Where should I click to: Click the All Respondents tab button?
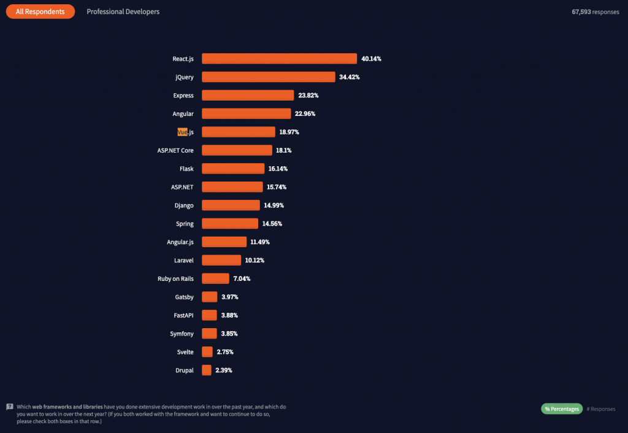click(x=40, y=12)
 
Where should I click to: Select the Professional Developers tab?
click(x=123, y=12)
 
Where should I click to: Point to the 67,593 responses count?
click(x=595, y=12)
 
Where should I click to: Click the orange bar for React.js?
click(x=279, y=59)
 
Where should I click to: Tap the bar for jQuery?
click(x=269, y=77)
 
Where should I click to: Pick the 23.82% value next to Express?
click(x=308, y=96)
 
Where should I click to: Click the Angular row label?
click(x=183, y=114)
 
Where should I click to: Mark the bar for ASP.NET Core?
click(x=237, y=150)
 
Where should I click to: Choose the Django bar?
click(x=231, y=205)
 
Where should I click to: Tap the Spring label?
click(x=184, y=224)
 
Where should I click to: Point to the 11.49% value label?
click(x=259, y=242)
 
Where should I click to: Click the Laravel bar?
click(x=221, y=260)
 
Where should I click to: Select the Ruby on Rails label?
click(x=175, y=278)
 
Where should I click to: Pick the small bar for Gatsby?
click(x=209, y=297)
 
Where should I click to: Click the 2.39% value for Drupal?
click(x=223, y=370)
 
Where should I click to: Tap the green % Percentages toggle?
click(x=561, y=409)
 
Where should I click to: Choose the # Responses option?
click(x=600, y=409)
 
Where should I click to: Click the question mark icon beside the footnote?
click(x=10, y=407)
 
